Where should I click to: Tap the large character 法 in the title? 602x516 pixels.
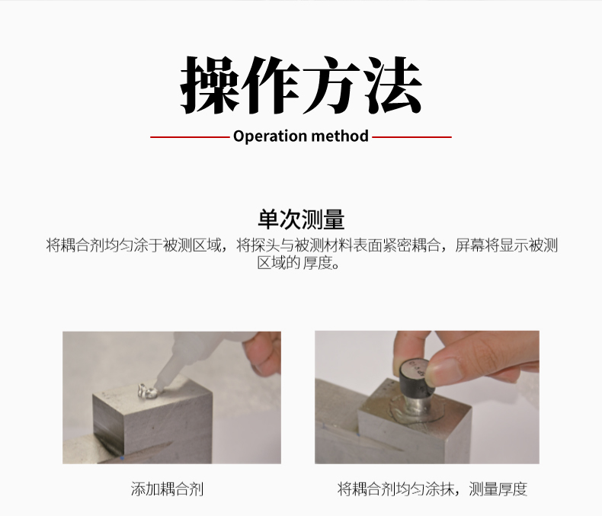392,85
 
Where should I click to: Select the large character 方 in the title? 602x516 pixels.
331,85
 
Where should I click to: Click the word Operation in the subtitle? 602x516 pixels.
270,136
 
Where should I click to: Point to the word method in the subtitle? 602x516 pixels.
340,136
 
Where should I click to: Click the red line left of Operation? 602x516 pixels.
190,136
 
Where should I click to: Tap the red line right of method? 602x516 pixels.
411,136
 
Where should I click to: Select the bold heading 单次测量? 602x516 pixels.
301,220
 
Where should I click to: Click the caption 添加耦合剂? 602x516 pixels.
167,489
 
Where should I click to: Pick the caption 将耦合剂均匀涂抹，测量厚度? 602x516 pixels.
432,489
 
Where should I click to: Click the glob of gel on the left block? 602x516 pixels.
146,393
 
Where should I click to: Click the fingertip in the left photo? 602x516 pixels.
261,353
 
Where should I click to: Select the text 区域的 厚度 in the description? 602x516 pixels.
298,264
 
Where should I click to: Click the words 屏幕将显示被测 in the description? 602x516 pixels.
507,245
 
